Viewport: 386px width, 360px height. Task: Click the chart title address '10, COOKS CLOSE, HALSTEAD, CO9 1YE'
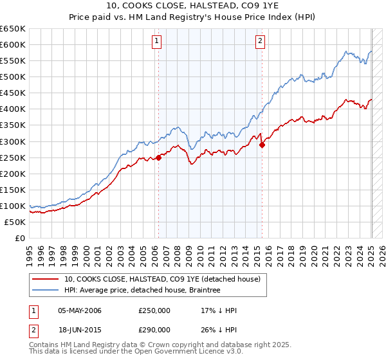click(x=193, y=6)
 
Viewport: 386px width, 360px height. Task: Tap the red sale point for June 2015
click(x=262, y=145)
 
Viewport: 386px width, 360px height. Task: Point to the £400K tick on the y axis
click(x=13, y=109)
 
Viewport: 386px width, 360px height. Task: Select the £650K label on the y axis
click(x=13, y=29)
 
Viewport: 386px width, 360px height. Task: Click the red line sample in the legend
click(x=45, y=279)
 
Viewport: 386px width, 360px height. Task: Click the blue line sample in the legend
click(x=45, y=290)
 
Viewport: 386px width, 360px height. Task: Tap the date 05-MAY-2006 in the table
click(x=80, y=310)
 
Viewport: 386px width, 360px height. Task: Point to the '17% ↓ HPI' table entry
click(x=219, y=310)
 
